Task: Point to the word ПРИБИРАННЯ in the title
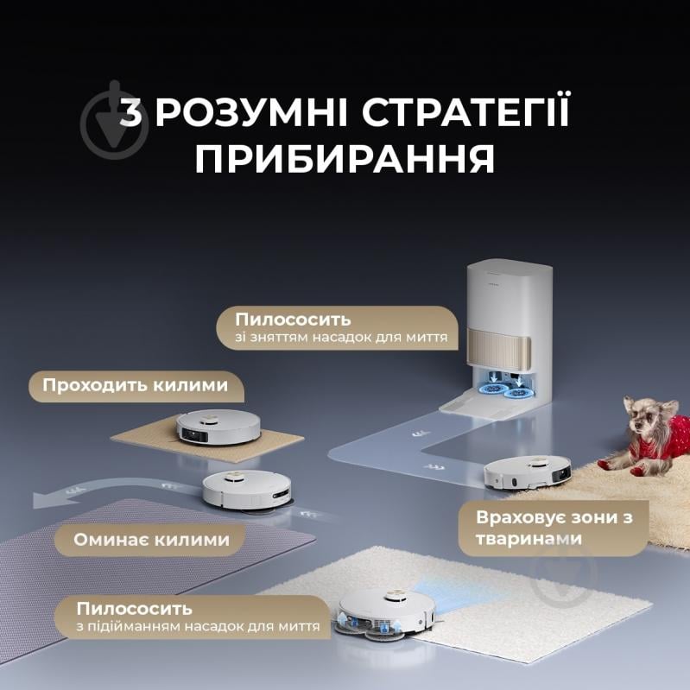[x=345, y=161]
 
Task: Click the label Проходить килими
[x=136, y=385]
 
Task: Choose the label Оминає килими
[x=151, y=540]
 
